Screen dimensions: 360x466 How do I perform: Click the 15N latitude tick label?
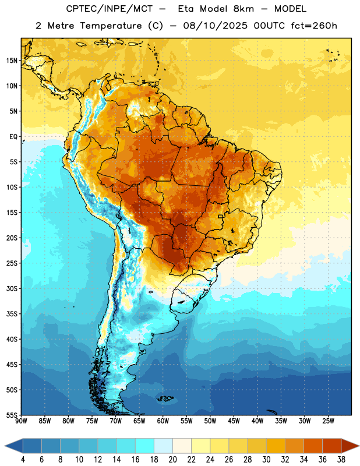[x=12, y=61]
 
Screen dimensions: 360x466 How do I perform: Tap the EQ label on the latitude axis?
[x=13, y=137]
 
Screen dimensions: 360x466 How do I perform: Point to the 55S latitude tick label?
[x=12, y=415]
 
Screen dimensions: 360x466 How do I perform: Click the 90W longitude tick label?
[x=21, y=421]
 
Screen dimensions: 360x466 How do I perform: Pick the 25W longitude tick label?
[x=328, y=421]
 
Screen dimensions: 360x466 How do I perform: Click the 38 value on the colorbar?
[x=341, y=460]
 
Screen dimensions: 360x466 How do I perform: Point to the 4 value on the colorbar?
[x=23, y=460]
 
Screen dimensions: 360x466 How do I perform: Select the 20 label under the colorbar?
[x=172, y=460]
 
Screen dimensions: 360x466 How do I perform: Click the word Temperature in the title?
[x=111, y=26]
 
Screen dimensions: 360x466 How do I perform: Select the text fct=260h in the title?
[x=314, y=26]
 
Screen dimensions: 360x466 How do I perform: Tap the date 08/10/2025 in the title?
[x=215, y=26]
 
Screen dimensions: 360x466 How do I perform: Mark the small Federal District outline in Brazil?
[x=221, y=216]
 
